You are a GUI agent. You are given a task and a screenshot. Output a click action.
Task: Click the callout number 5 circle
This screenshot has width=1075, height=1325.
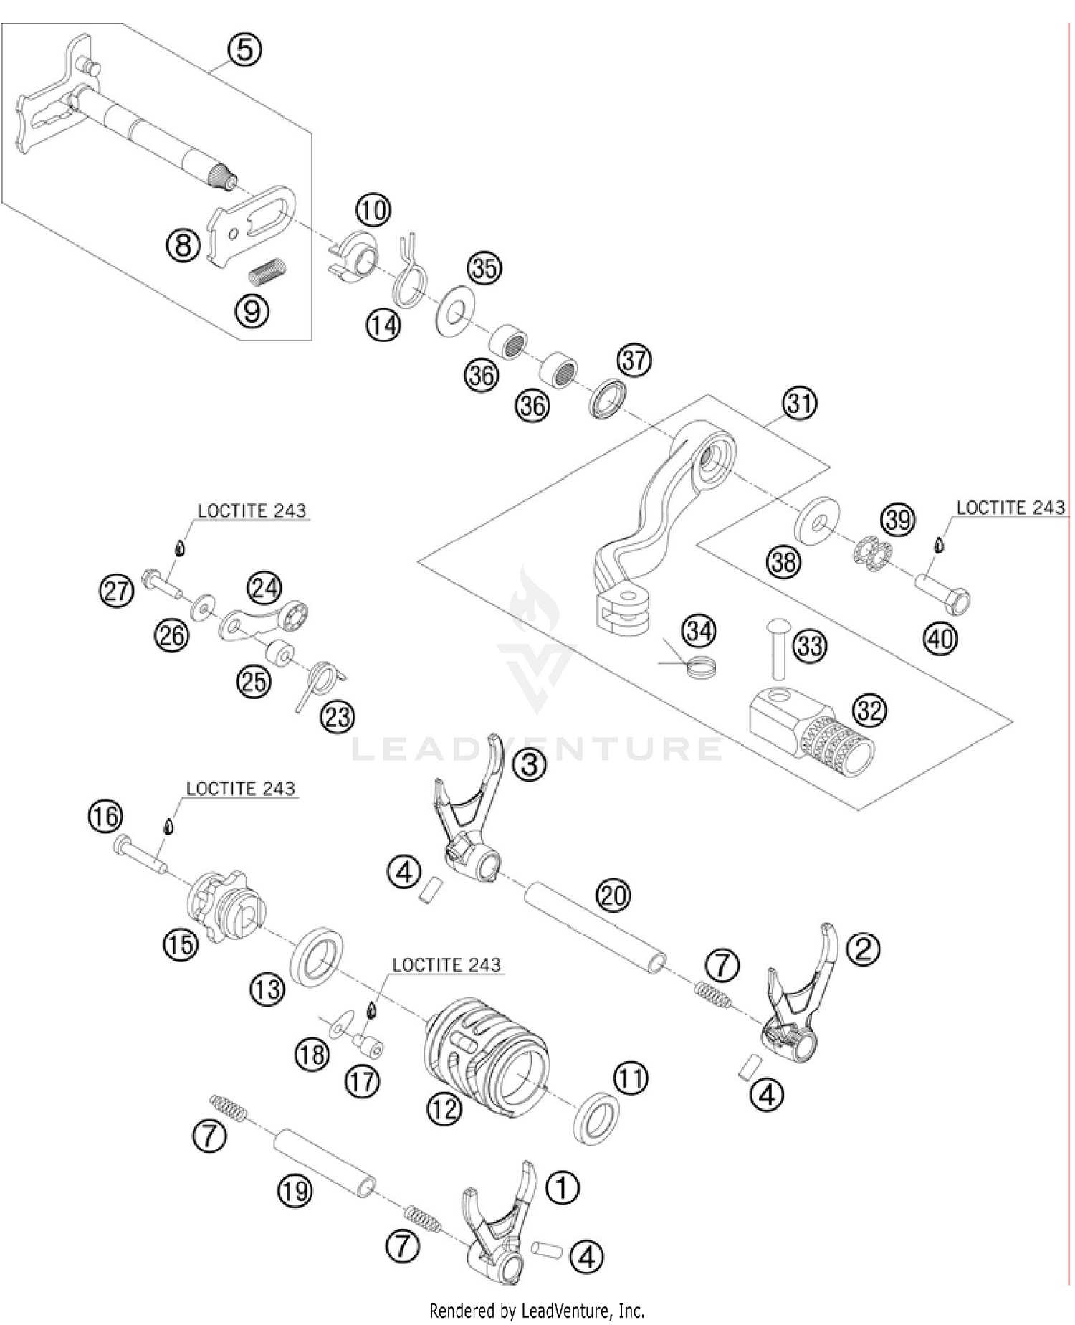(x=244, y=49)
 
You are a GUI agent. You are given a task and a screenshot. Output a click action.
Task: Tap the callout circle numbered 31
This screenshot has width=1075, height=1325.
(x=799, y=403)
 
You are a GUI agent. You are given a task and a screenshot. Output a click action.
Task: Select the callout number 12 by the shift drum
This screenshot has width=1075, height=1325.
(x=444, y=1108)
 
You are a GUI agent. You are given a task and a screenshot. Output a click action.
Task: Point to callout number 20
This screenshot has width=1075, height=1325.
(x=613, y=896)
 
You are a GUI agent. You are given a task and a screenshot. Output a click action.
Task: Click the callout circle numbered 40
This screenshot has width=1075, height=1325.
(x=941, y=638)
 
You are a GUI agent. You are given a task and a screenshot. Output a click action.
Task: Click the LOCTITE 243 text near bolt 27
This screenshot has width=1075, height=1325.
(x=252, y=510)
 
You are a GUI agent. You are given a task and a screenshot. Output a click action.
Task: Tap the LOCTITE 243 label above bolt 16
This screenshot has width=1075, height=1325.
(x=240, y=788)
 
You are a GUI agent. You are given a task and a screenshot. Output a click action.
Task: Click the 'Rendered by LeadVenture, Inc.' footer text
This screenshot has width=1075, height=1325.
(x=536, y=1311)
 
